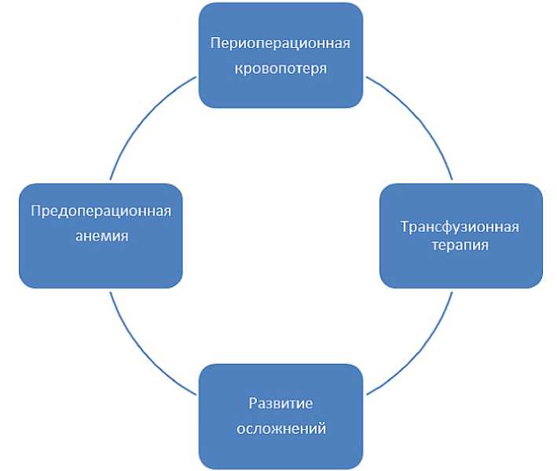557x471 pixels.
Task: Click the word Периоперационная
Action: pyautogui.click(x=280, y=42)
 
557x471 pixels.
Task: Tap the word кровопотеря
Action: pyautogui.click(x=280, y=68)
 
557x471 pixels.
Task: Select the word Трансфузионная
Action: pyautogui.click(x=460, y=227)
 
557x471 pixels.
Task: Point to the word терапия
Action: pyautogui.click(x=460, y=245)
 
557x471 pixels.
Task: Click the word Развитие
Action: pyautogui.click(x=280, y=403)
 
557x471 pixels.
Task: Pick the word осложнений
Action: pyautogui.click(x=280, y=429)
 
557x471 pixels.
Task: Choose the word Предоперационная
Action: pyautogui.click(x=101, y=211)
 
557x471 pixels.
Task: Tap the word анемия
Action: pyautogui.click(x=101, y=236)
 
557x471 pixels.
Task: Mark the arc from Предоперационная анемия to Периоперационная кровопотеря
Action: pyautogui.click(x=141, y=118)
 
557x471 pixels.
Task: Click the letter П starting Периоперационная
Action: pyautogui.click(x=214, y=42)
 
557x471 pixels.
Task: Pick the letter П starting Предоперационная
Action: pyautogui.click(x=35, y=211)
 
